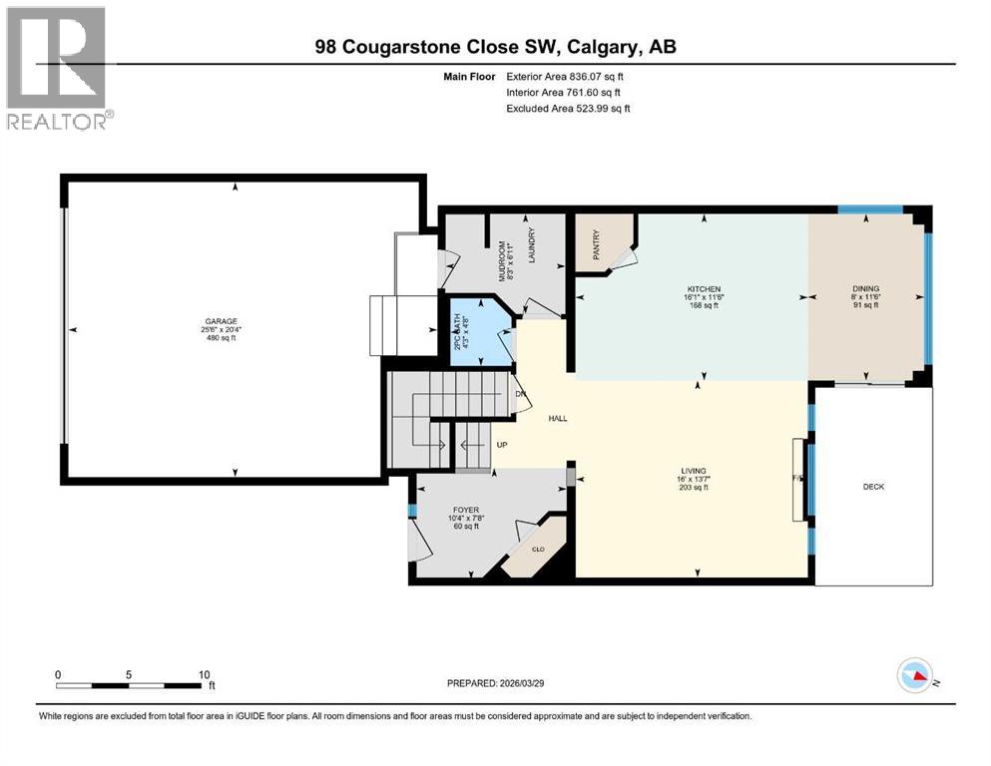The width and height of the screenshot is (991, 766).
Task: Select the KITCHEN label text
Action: (x=705, y=289)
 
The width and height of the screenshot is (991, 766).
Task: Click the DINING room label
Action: (x=865, y=289)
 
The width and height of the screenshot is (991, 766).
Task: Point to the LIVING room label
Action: (x=694, y=471)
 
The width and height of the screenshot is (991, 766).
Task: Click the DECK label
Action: (x=873, y=487)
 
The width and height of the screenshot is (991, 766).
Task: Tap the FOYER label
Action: (x=464, y=510)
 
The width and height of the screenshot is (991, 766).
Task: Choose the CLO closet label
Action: (x=536, y=550)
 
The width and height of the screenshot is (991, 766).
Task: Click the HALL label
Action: (x=557, y=419)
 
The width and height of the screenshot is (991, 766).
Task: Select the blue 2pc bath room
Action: (x=479, y=334)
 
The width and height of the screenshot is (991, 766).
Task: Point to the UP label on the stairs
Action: (x=503, y=445)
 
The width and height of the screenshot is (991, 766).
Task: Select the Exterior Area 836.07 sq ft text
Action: (x=566, y=76)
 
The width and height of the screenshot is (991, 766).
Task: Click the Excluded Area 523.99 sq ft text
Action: (x=568, y=108)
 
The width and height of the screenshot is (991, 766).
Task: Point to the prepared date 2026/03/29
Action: (x=498, y=683)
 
